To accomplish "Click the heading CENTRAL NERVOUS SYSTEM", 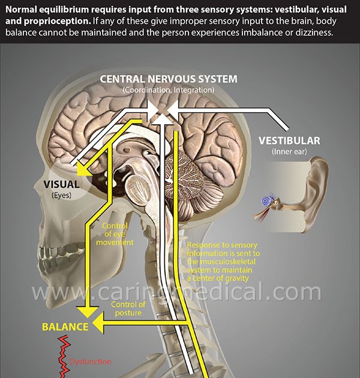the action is (168, 79).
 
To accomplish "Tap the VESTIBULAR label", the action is (289, 141).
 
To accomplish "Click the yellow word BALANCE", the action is (65, 327).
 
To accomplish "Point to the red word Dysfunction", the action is (90, 361).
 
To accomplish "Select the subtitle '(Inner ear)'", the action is (289, 152).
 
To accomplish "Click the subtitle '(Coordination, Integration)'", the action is (168, 89).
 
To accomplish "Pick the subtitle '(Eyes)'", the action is (61, 196).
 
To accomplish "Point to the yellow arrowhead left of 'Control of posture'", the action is (100, 327).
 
